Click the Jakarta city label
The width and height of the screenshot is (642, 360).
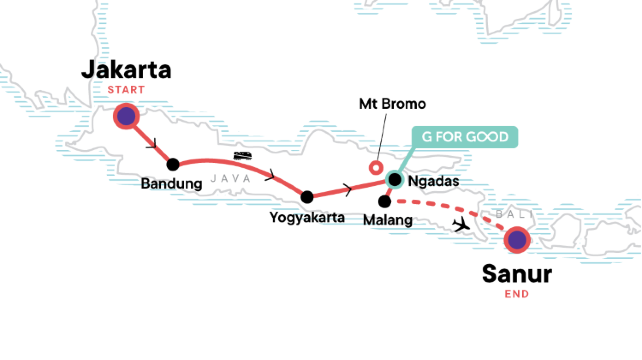coord(127,71)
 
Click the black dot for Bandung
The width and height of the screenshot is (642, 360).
coord(173,164)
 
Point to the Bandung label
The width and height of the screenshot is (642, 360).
coord(172,185)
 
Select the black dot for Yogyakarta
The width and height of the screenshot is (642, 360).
coord(307,196)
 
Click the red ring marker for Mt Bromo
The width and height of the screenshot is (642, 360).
coord(376,167)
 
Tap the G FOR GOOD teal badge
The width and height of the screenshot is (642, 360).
coord(462,136)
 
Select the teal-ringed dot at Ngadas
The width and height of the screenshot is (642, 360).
coord(394,181)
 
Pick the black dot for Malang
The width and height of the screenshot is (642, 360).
coord(385,201)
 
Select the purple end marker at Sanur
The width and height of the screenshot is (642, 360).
coord(516,240)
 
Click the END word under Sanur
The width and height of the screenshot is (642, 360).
coord(516,294)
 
